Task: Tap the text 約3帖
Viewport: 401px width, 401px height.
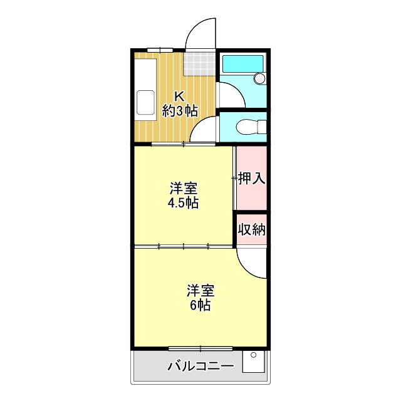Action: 180,112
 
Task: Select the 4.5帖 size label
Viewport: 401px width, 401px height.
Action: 183,203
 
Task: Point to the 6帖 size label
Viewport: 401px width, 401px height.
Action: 200,306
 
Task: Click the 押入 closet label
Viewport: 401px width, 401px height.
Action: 252,178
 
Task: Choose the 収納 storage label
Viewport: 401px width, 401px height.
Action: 252,229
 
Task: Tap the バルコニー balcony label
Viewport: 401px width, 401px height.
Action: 200,367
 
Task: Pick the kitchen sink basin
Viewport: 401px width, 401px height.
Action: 146,103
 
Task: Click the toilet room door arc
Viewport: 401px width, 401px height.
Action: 203,130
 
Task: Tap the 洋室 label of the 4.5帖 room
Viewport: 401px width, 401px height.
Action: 184,188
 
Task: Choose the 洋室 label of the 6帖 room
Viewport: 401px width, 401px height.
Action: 201,291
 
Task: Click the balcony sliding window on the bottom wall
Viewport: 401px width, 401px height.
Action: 200,348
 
